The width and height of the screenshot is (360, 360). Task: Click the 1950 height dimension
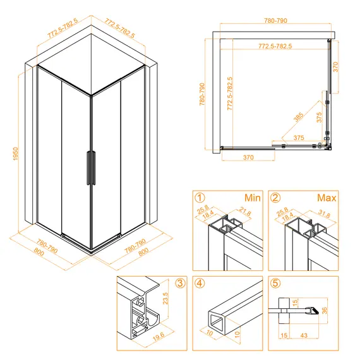point(15,153)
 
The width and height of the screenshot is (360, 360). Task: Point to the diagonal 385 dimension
point(298,117)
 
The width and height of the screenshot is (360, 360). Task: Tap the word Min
point(253,198)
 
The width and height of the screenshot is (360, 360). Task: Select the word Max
point(327,198)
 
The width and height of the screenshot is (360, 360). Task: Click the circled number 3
point(180,283)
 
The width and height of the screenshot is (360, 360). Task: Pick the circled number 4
point(200,283)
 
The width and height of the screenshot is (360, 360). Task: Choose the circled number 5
point(275,283)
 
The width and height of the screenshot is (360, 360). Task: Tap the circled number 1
point(200,198)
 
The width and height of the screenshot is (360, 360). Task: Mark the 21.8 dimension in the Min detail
point(245,211)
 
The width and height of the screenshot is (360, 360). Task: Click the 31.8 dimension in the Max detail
point(324,213)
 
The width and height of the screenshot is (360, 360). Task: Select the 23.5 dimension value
point(165,298)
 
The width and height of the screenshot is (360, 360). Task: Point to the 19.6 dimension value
point(159,337)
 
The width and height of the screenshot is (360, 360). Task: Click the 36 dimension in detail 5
point(324,311)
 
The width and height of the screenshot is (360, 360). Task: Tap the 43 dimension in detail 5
point(304,335)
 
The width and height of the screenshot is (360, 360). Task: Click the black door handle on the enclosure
point(91,168)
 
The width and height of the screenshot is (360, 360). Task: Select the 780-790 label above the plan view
point(275,21)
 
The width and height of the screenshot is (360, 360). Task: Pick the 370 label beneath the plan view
point(248,157)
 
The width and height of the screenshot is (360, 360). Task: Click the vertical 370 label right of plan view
point(335,67)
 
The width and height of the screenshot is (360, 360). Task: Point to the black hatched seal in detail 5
point(314,311)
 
